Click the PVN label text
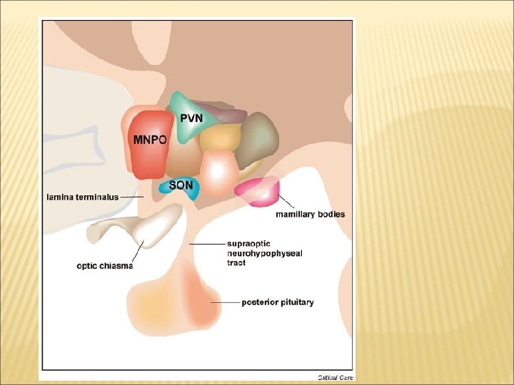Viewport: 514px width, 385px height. (x=192, y=118)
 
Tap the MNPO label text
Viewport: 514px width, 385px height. (x=150, y=140)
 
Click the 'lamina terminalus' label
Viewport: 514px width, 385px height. (x=83, y=196)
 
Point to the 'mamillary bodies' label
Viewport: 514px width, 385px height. (x=311, y=214)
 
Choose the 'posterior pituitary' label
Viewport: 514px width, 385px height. (x=278, y=302)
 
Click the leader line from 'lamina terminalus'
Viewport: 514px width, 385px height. (x=131, y=196)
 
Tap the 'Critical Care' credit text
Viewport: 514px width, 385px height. (x=336, y=376)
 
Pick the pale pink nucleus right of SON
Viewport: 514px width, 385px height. (x=218, y=170)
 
